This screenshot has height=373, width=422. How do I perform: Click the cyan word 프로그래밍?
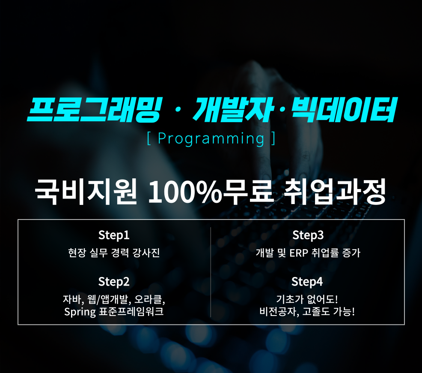tap(95, 109)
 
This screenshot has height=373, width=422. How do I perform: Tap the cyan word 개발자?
tap(233, 109)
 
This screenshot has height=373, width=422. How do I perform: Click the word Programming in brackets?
tap(211, 139)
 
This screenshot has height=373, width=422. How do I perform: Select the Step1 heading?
tap(114, 235)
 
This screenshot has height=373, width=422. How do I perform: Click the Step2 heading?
tap(114, 282)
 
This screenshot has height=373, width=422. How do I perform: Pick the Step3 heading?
tap(308, 235)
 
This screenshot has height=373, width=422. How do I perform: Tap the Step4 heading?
tap(307, 282)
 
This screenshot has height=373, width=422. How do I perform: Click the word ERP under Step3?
tap(299, 253)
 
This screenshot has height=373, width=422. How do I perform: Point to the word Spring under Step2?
tap(80, 312)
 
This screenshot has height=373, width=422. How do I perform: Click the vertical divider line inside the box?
tap(211, 272)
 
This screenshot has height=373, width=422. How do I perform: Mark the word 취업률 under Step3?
tap(325, 253)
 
